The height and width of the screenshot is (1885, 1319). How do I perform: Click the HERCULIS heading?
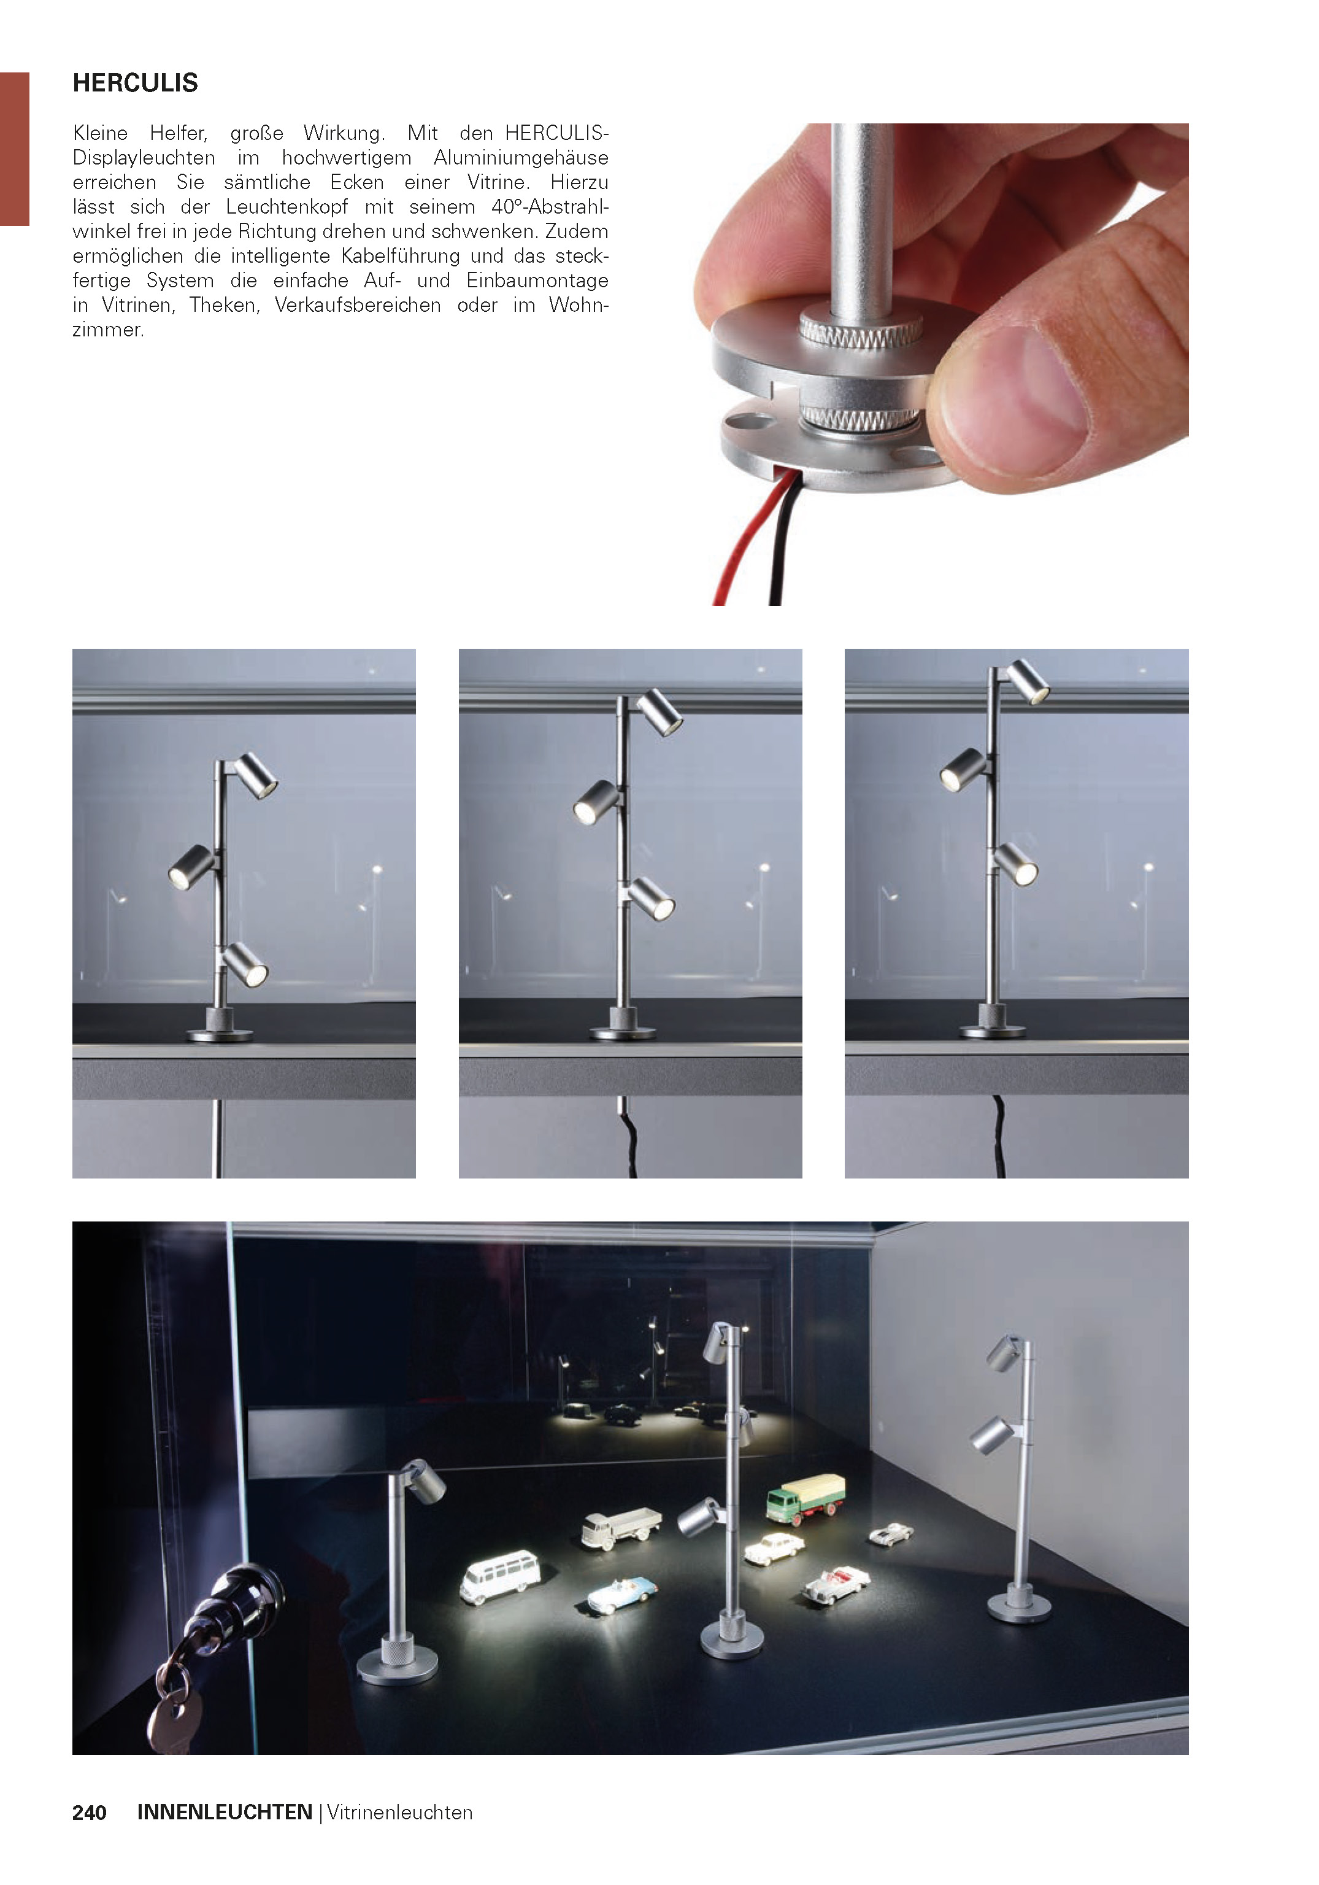pyautogui.click(x=136, y=83)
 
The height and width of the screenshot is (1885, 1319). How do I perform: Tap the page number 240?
pyautogui.click(x=90, y=1813)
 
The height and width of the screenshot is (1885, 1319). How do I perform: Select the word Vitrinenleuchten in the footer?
pyautogui.click(x=400, y=1812)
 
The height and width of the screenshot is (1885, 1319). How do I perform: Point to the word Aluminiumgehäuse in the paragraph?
pyautogui.click(x=521, y=158)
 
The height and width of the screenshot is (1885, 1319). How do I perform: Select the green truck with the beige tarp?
pyautogui.click(x=805, y=1498)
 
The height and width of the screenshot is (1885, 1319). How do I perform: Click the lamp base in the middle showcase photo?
pyautogui.click(x=622, y=1026)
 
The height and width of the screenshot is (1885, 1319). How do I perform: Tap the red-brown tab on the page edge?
pyautogui.click(x=15, y=149)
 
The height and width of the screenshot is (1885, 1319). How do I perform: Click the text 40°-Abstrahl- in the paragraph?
pyautogui.click(x=550, y=207)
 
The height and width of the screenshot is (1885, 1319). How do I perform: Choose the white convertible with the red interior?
pyautogui.click(x=835, y=1584)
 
